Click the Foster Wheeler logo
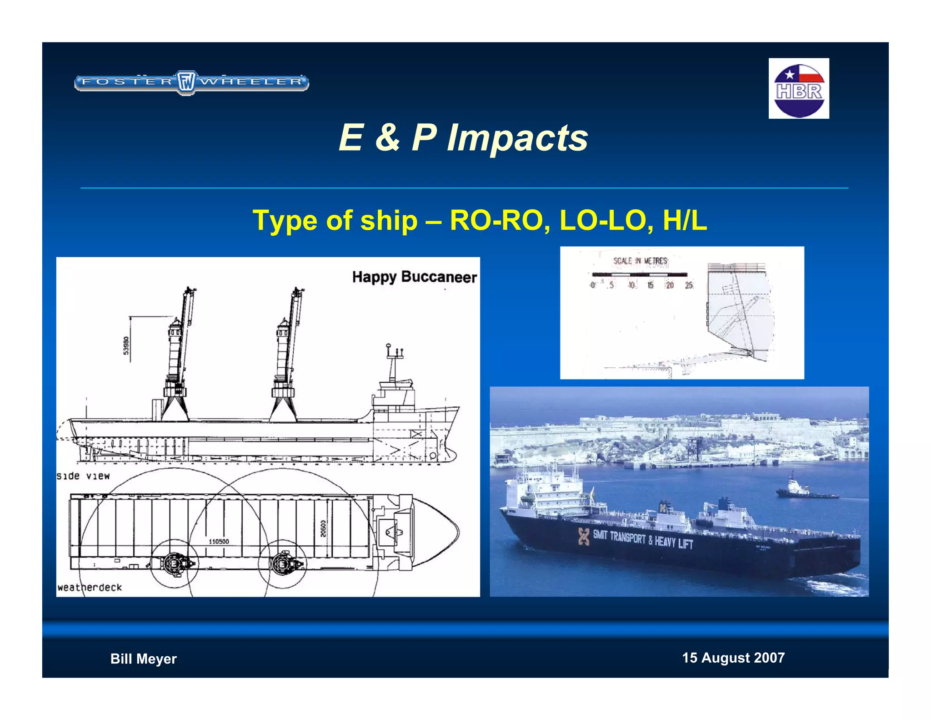point(191,82)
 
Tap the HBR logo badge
point(799,89)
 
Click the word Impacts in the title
point(517,138)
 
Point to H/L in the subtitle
point(685,221)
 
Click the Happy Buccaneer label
point(414,277)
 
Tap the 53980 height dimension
point(126,345)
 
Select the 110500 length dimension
point(219,542)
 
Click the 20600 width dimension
point(323,529)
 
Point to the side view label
point(83,476)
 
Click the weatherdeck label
point(90,588)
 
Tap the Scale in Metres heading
point(640,261)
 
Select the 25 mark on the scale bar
point(689,285)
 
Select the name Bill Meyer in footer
point(143,659)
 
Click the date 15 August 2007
point(733,658)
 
